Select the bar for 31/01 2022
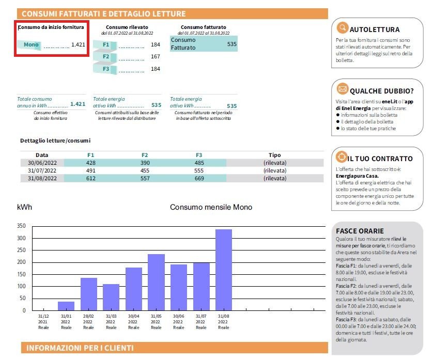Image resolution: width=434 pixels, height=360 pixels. pyautogui.click(x=66, y=306)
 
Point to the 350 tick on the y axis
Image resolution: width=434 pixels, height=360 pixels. pyautogui.click(x=21, y=226)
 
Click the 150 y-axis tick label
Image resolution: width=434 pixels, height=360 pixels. pyautogui.click(x=21, y=274)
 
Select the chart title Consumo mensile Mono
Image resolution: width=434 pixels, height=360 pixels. pyautogui.click(x=211, y=207)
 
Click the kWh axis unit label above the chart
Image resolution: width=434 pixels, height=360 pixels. pyautogui.click(x=24, y=207)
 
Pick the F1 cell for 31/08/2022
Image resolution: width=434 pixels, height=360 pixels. pyautogui.click(x=91, y=178)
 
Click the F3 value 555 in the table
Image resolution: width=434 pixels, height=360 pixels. pyautogui.click(x=199, y=170)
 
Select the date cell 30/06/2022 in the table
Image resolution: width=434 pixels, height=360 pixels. pyautogui.click(x=42, y=163)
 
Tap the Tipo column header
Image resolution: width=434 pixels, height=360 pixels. pyautogui.click(x=275, y=155)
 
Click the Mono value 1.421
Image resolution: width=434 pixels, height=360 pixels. pyautogui.click(x=78, y=45)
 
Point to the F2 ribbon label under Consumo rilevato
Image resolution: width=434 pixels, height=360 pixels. pyautogui.click(x=106, y=56)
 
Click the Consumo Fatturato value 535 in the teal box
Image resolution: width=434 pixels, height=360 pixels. pyautogui.click(x=231, y=44)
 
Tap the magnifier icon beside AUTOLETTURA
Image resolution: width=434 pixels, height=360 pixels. pyautogui.click(x=342, y=28)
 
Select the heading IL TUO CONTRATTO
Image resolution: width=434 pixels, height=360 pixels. pyautogui.click(x=380, y=159)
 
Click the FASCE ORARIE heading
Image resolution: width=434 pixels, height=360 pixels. pyautogui.click(x=360, y=230)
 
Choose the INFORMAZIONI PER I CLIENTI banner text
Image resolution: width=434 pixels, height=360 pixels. pyautogui.click(x=80, y=348)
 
